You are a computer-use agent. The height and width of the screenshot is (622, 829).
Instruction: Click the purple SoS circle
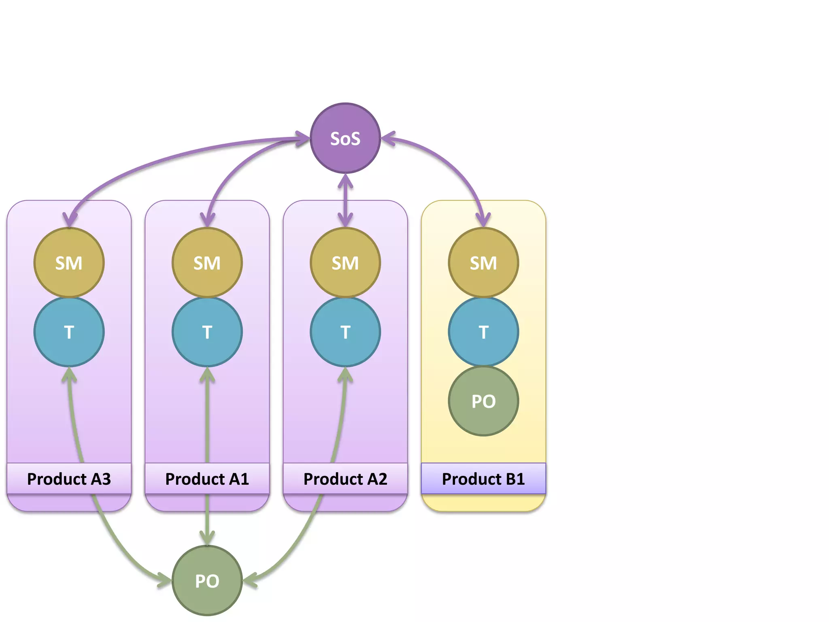[345, 138]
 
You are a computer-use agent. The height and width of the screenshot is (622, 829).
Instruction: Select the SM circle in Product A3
[69, 262]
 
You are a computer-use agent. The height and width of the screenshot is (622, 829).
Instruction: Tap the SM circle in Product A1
[207, 262]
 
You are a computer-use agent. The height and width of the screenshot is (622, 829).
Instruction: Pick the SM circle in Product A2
[345, 262]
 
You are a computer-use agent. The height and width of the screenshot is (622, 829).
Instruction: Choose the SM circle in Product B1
[483, 262]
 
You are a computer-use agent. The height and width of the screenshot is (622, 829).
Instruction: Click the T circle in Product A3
[69, 332]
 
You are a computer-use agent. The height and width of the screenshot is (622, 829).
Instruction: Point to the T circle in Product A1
[207, 332]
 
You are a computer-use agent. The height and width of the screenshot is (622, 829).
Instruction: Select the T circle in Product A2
[345, 332]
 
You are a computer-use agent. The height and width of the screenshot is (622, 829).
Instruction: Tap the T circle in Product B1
[483, 332]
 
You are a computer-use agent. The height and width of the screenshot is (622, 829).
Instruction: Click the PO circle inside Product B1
[483, 401]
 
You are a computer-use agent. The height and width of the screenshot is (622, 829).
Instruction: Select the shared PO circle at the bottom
[207, 580]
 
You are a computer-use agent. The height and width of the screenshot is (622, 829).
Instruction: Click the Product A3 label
[69, 479]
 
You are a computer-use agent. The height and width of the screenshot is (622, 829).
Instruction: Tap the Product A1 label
[207, 479]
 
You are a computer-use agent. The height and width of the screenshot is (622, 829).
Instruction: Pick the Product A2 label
[345, 479]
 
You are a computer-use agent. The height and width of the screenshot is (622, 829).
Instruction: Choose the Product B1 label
[483, 479]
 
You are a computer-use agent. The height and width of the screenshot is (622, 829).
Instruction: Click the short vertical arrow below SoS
[345, 200]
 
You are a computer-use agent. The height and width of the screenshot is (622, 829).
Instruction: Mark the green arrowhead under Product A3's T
[69, 375]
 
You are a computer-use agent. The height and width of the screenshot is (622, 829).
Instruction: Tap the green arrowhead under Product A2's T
[345, 375]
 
